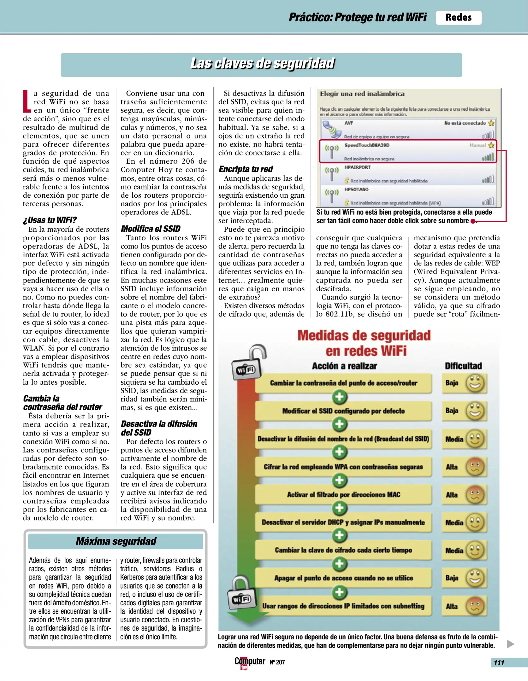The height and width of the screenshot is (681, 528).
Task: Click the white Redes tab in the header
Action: (x=458, y=17)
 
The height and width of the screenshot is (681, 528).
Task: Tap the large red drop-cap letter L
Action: (x=27, y=101)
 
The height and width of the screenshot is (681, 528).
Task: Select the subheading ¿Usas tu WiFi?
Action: (x=50, y=220)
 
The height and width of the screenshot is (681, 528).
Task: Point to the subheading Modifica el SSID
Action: (x=151, y=229)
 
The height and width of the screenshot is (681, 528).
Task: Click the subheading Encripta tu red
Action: (x=246, y=169)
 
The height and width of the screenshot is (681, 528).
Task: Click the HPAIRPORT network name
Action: (x=357, y=167)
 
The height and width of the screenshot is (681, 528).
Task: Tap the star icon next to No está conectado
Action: (x=491, y=123)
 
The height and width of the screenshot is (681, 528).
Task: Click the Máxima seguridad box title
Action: (x=116, y=541)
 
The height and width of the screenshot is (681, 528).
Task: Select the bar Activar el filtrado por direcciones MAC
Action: (x=343, y=494)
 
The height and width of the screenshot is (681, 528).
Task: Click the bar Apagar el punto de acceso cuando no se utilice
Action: (x=343, y=578)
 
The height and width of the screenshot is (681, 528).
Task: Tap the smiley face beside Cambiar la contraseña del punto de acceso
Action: (x=475, y=383)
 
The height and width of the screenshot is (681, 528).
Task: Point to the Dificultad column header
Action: (x=463, y=366)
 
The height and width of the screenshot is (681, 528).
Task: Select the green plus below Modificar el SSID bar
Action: (x=340, y=424)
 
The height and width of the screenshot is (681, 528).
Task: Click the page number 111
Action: (x=499, y=663)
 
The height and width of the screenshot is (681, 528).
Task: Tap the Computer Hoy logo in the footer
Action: (x=249, y=662)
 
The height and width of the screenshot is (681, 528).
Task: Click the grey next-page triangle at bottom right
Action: (x=510, y=644)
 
